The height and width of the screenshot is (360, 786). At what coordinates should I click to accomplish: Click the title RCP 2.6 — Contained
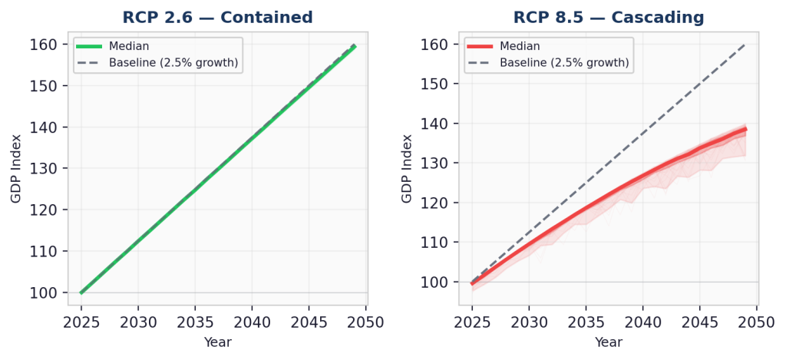pyautogui.click(x=217, y=18)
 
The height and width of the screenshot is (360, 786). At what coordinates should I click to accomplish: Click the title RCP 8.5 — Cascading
pyautogui.click(x=609, y=18)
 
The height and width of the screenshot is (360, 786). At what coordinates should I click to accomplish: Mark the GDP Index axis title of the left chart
pyautogui.click(x=17, y=168)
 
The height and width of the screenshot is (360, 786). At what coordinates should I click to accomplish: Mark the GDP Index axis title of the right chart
pyautogui.click(x=408, y=168)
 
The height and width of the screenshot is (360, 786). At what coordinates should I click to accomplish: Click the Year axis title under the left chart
pyautogui.click(x=217, y=342)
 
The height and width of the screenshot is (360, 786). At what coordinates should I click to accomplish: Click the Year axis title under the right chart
pyautogui.click(x=609, y=342)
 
